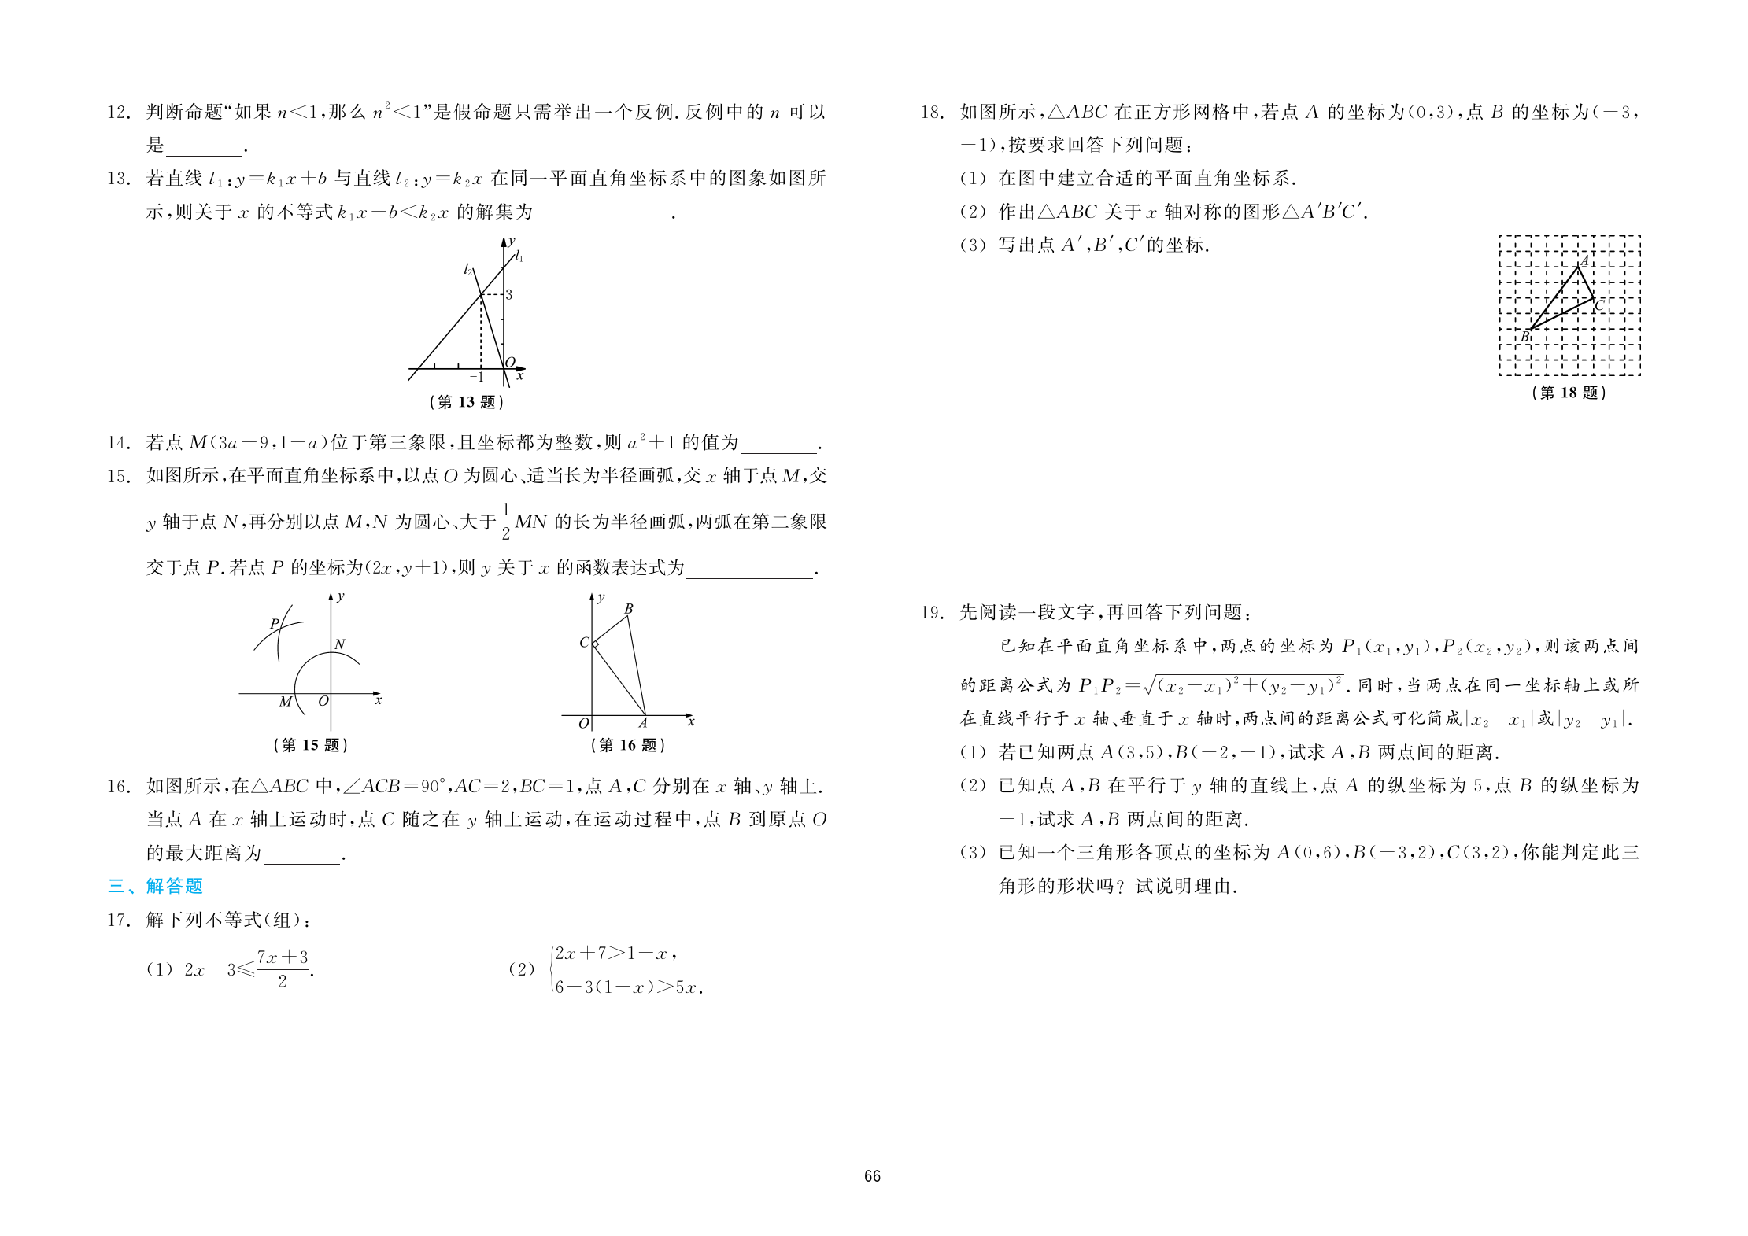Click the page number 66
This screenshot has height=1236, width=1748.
coord(872,1176)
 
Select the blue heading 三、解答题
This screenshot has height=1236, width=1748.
coord(155,887)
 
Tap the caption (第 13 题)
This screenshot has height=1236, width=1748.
coord(467,402)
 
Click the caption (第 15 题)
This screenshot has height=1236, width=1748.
coord(310,745)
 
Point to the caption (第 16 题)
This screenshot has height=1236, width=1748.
coord(628,745)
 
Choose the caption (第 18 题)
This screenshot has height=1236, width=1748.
coord(1569,393)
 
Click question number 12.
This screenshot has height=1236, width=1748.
coord(118,113)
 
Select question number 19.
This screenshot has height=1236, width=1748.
coord(932,613)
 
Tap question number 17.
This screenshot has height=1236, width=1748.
coord(118,920)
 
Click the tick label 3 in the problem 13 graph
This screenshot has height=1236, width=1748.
coord(509,295)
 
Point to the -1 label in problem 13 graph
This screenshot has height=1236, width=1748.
coord(477,378)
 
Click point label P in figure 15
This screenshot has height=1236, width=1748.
coord(275,624)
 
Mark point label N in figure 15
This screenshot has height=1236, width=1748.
coord(340,644)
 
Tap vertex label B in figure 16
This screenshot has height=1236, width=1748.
coord(629,609)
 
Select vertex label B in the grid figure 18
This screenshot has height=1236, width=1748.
coord(1524,337)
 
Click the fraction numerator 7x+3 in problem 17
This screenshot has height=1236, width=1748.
coord(283,957)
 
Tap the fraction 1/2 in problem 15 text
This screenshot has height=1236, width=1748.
coord(505,521)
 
